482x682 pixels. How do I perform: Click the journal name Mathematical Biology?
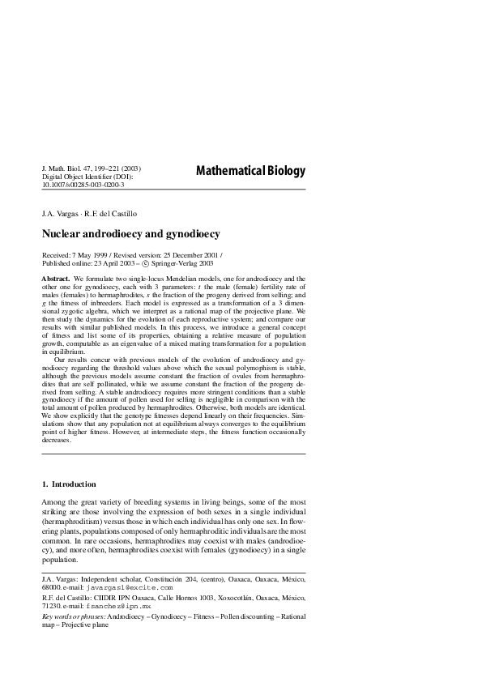(x=250, y=171)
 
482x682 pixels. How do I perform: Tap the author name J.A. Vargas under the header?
(x=61, y=215)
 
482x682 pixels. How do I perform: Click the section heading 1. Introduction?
(x=69, y=484)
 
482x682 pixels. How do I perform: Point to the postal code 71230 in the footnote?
(x=51, y=606)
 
